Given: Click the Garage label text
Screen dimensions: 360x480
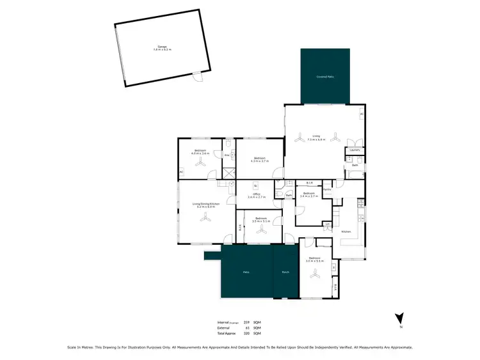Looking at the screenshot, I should coord(161,47).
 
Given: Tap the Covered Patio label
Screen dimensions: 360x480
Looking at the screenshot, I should coord(325,76).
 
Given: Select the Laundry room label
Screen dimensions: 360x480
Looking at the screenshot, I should coord(355,151).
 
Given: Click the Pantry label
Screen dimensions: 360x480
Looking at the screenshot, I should coord(326,189).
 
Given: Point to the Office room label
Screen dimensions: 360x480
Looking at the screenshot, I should coord(256,194).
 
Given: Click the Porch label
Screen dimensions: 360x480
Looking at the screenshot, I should coord(285,272).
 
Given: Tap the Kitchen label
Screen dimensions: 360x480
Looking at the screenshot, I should coord(346,231).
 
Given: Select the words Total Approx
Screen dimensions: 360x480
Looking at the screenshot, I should coord(227,334).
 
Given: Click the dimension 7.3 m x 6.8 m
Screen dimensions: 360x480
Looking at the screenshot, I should coord(316,139).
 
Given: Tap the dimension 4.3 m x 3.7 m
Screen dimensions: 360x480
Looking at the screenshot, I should coord(259,160).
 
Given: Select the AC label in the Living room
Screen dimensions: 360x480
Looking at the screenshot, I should coord(361,114).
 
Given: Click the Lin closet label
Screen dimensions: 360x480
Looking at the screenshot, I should coord(327,224).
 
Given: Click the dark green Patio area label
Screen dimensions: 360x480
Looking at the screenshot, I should coord(246,272).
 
